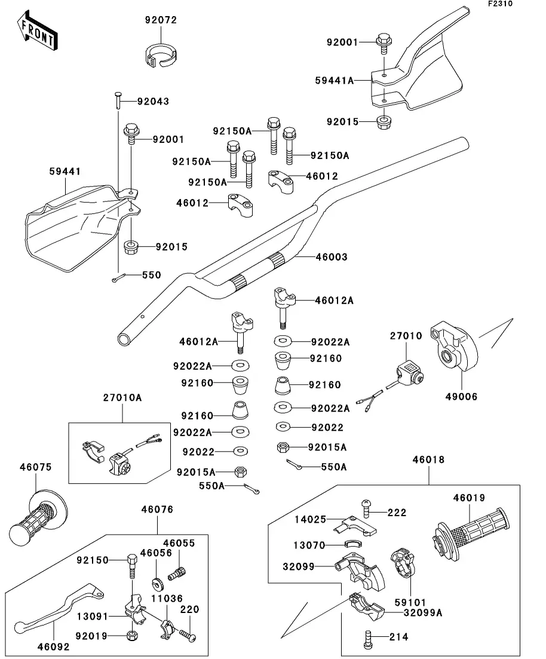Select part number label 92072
(161, 20)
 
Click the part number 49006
(462, 397)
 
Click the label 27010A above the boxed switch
(122, 398)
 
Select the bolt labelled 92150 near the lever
(132, 567)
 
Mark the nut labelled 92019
(133, 635)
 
